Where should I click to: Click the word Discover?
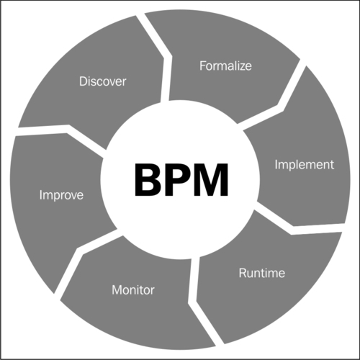point(102,81)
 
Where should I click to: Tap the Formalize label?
point(225,66)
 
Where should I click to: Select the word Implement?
point(305,166)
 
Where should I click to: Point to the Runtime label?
point(262,273)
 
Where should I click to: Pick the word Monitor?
point(133,290)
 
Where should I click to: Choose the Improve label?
point(61,196)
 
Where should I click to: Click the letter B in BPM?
point(148,180)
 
